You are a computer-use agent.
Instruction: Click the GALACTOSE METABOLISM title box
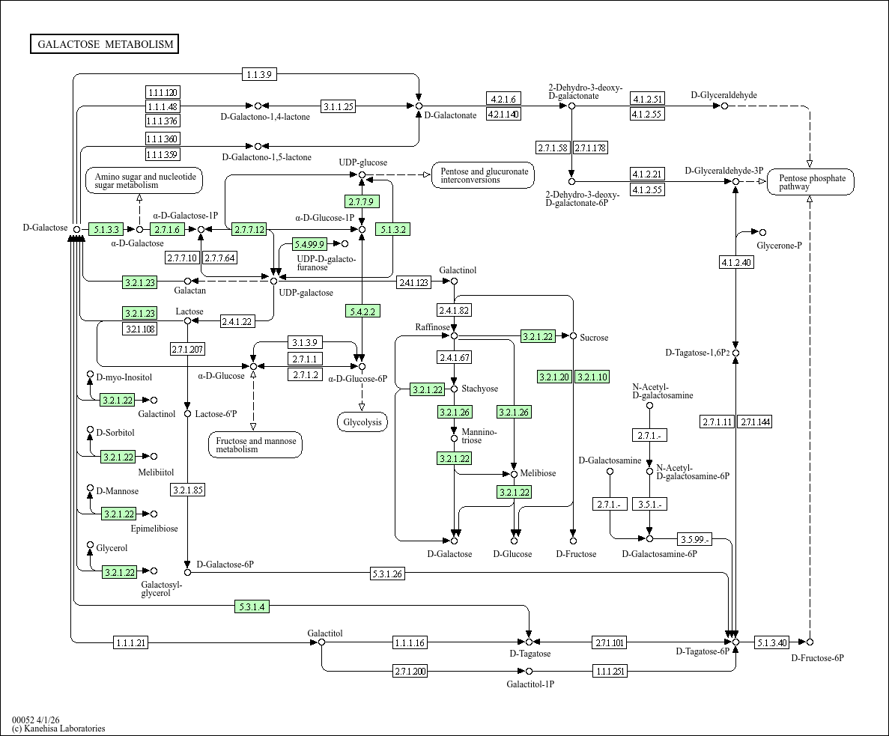coord(105,44)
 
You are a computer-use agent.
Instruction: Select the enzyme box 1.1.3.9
coord(260,73)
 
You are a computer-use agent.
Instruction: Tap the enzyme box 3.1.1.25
coord(338,106)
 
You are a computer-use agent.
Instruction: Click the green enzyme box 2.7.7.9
coord(362,201)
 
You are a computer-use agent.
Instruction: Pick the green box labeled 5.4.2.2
coord(362,311)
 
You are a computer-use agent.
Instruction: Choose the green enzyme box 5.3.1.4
coord(251,606)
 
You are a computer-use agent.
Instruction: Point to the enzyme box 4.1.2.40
coord(735,262)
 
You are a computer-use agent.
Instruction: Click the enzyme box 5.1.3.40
coord(771,642)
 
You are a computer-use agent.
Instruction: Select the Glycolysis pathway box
coord(362,422)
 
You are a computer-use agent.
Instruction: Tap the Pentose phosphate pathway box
coord(810,182)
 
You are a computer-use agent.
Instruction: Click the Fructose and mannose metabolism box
coord(255,445)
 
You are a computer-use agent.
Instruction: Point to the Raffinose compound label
coord(432,327)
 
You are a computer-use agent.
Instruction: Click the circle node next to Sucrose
coord(573,336)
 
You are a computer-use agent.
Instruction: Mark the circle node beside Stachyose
coord(454,389)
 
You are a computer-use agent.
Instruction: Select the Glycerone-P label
coord(779,245)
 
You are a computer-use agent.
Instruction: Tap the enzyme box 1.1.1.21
coord(131,642)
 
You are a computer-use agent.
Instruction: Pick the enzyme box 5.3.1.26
coord(387,574)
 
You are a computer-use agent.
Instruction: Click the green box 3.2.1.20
coord(554,377)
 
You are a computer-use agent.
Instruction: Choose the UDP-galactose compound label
coord(306,292)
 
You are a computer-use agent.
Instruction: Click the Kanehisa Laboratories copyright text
coord(58,729)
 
